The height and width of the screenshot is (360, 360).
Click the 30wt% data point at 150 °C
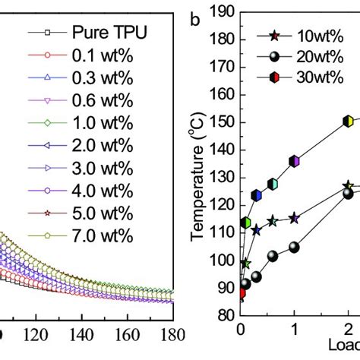pos(348,121)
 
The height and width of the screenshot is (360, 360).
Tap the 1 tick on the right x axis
pos(295,335)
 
